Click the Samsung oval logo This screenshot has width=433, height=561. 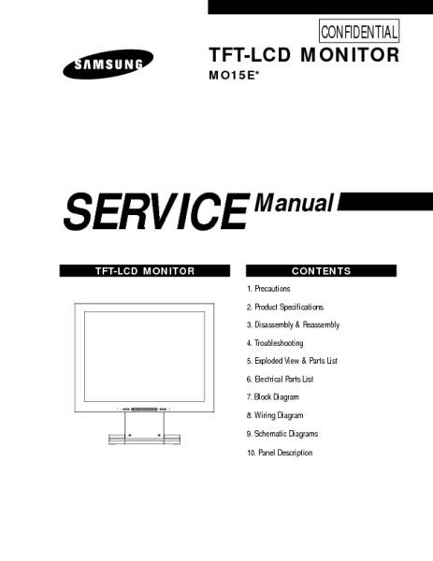coord(108,64)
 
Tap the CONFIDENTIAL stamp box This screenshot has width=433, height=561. coord(359,31)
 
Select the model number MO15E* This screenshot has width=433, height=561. coord(233,76)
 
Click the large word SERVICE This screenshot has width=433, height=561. coord(156,212)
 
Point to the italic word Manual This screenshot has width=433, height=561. coord(294,203)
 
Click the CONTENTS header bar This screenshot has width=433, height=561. coord(321,271)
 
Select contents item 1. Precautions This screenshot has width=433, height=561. coord(268,289)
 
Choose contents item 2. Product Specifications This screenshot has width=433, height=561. coord(285,307)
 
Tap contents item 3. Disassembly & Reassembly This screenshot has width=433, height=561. coord(293,324)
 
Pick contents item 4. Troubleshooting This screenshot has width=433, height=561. coord(275,343)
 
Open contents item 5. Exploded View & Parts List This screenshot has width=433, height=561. coord(292,361)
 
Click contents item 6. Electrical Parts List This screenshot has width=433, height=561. coord(281,379)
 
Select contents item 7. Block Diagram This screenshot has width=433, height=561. coord(273,397)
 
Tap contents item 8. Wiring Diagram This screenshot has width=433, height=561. coord(275,415)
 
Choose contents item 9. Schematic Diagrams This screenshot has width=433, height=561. coord(282,434)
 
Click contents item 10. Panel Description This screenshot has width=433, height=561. coord(280,453)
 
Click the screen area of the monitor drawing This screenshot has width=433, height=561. coord(145,356)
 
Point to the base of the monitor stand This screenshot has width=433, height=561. coord(145,439)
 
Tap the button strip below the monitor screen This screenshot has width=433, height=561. coord(144,409)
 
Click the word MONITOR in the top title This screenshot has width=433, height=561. coord(350,55)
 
